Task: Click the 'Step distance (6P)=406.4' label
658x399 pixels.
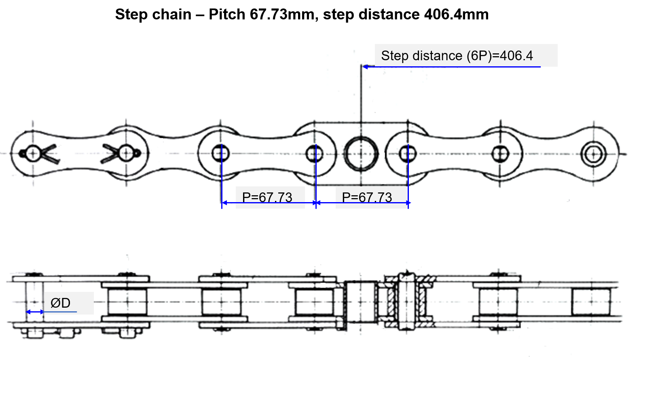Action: click(x=457, y=56)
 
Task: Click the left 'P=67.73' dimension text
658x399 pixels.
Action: click(x=267, y=197)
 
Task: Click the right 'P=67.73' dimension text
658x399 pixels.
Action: click(x=367, y=197)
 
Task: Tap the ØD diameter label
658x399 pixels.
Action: click(x=61, y=303)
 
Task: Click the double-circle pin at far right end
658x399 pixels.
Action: click(x=593, y=154)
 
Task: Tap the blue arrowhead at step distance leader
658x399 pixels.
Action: click(x=365, y=67)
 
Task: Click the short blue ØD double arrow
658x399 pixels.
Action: click(x=35, y=312)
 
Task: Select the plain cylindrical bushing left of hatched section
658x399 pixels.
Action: click(x=360, y=301)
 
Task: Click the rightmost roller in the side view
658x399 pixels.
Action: click(x=590, y=302)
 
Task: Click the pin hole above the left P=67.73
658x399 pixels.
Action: click(x=221, y=154)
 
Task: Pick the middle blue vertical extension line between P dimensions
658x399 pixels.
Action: click(x=315, y=182)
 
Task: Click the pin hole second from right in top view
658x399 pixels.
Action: click(x=500, y=154)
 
